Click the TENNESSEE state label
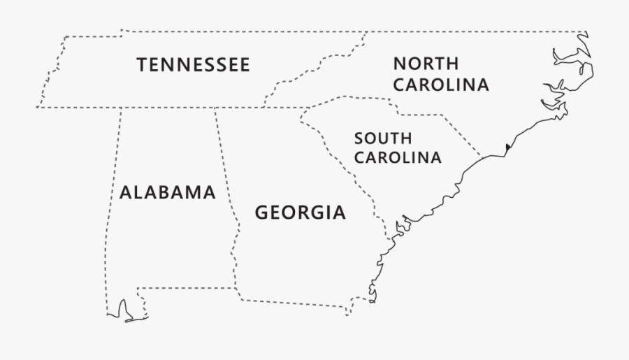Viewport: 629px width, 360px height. coord(193,65)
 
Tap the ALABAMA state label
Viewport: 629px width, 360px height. coord(167,193)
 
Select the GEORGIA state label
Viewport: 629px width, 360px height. coord(300,213)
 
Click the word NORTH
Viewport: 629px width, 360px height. coord(426,64)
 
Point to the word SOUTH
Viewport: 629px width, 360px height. coord(382,138)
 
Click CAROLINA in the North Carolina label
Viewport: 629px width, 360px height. coord(440,85)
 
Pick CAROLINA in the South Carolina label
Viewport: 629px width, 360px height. coord(398,158)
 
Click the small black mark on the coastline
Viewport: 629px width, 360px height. coord(507,147)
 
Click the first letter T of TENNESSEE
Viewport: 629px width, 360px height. coord(142,65)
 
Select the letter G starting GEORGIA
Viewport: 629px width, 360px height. coord(261,213)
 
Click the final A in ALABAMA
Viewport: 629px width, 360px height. coord(209,193)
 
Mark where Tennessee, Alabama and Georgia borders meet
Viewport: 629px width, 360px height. coord(215,108)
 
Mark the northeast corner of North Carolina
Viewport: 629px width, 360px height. coord(586,32)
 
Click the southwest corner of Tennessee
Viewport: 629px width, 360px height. coord(37,108)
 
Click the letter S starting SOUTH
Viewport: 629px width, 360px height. coord(359,138)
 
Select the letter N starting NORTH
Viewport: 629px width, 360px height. coord(398,64)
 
